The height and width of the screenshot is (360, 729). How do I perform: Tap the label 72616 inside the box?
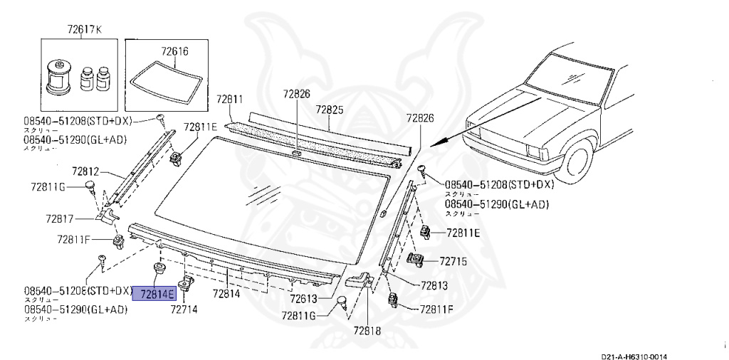(174, 51)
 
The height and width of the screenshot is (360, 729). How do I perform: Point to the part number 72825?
(330, 110)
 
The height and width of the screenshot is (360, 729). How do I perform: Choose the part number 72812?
(88, 171)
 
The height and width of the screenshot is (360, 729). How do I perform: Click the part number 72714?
(184, 309)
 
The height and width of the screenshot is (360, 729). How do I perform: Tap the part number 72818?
(368, 331)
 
